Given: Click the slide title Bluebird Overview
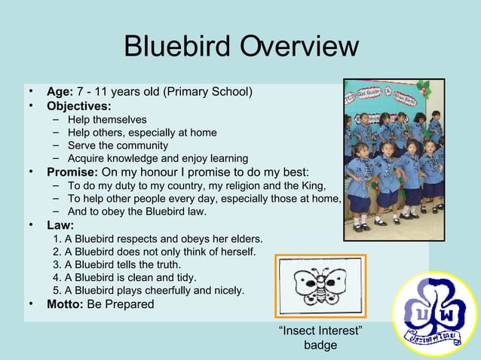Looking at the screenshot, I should pos(240,47).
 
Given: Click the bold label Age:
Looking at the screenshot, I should pos(60,93).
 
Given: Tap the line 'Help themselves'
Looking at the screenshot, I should pos(107,120).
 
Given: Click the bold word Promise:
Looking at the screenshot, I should pos(72,172).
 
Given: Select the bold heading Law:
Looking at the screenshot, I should pos(60,224).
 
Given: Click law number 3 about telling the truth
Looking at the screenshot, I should pos(117,265).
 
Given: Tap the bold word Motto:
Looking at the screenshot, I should pos(65,304).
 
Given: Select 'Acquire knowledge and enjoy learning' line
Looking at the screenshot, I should pos(158,158).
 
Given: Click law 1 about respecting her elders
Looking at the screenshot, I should pos(158,239).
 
